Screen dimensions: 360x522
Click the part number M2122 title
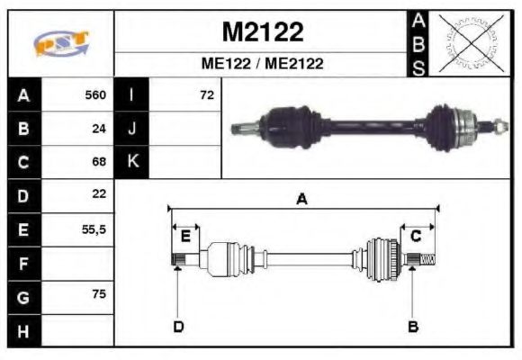click(263, 33)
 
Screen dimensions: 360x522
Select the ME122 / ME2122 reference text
click(262, 64)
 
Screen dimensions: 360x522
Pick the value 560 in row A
click(95, 94)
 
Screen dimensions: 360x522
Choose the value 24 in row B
click(99, 128)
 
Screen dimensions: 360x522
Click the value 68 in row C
click(99, 162)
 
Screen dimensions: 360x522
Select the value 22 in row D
click(99, 194)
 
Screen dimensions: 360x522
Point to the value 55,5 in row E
click(94, 229)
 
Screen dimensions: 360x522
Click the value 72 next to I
click(206, 94)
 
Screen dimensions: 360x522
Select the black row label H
click(24, 330)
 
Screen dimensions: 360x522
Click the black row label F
click(24, 264)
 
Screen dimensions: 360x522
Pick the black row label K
click(132, 162)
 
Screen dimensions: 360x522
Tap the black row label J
click(132, 128)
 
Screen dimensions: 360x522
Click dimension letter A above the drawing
click(301, 200)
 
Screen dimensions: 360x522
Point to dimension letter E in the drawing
click(185, 237)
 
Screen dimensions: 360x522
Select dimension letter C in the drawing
click(416, 237)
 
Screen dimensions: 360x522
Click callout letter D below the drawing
click(178, 326)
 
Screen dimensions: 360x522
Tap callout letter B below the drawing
click(413, 326)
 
